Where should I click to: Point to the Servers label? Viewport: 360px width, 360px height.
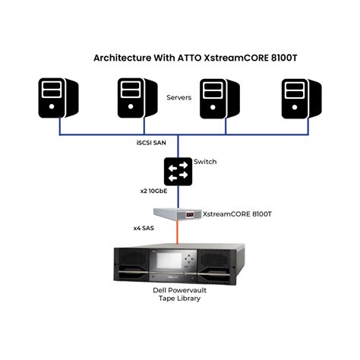[x=179, y=98]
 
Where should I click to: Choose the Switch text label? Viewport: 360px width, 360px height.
[x=206, y=163]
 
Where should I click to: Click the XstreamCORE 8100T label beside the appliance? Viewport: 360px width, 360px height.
[x=237, y=214]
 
